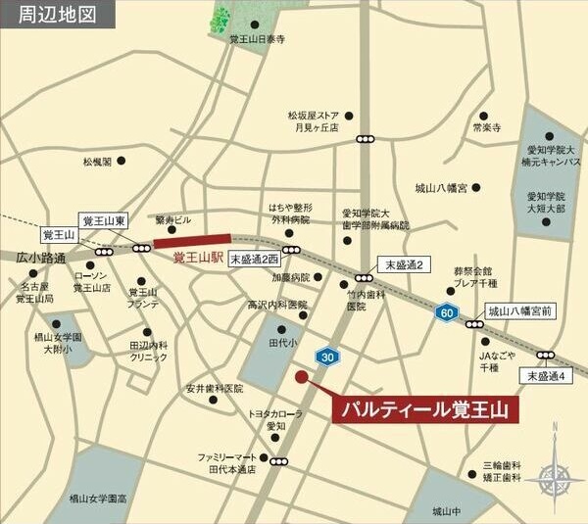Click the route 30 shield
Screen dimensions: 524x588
326,357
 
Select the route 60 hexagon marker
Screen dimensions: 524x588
447,312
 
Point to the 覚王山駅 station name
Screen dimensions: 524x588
199,258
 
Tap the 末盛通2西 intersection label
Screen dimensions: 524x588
256,259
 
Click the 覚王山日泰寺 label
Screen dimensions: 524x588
257,39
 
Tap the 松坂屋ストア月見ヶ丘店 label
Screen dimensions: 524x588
313,120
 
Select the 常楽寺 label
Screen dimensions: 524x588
486,127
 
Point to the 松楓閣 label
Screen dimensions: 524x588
97,162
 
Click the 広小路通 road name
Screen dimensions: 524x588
40,259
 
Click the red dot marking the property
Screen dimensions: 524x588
301,376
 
